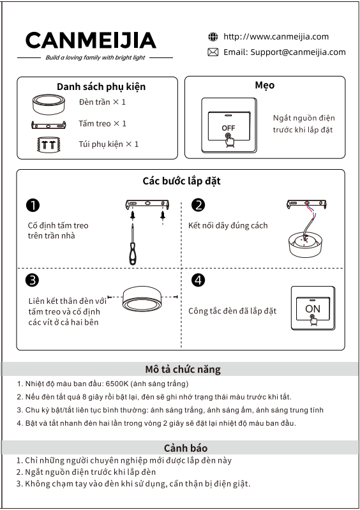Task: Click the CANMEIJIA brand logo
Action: click(x=91, y=40)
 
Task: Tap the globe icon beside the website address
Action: click(x=213, y=37)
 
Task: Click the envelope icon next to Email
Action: click(x=213, y=52)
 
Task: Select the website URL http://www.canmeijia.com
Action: click(x=276, y=36)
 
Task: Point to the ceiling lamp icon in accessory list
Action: click(x=49, y=104)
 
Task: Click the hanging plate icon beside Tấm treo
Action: click(x=49, y=124)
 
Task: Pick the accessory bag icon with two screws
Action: click(x=49, y=144)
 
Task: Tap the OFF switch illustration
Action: click(x=229, y=125)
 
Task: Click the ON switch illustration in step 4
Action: click(x=313, y=308)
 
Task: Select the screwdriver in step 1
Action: click(x=133, y=244)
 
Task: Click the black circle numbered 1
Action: click(x=33, y=206)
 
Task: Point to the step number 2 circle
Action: click(x=199, y=206)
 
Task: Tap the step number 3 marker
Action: click(x=32, y=280)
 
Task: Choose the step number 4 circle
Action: click(x=199, y=280)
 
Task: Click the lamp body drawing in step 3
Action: click(x=142, y=298)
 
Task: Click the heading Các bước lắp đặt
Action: click(x=181, y=181)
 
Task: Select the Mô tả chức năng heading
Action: click(x=183, y=370)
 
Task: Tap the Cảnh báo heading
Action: click(x=185, y=448)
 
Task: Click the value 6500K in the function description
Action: click(x=117, y=384)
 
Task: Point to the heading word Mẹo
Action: click(x=265, y=86)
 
